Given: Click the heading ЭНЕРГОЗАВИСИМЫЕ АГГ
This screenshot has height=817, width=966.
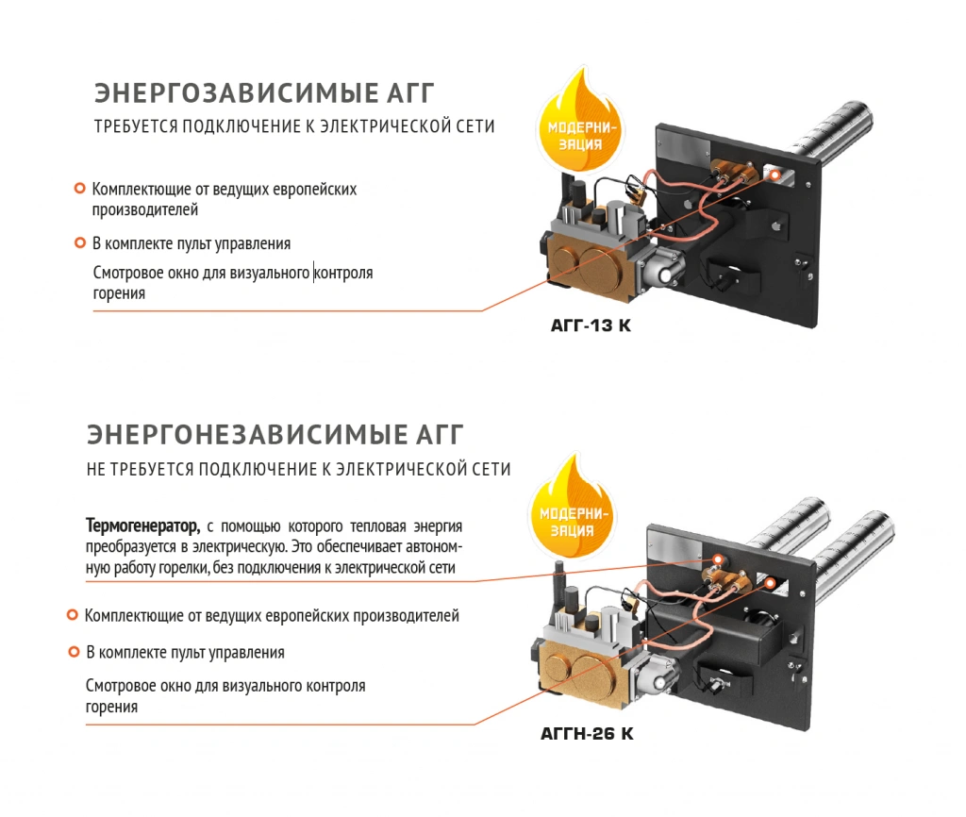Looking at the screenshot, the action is [264, 93].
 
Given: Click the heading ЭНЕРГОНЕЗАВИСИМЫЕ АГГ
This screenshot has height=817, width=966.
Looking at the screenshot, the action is [275, 434].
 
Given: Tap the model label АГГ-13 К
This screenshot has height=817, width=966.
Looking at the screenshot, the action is [591, 325].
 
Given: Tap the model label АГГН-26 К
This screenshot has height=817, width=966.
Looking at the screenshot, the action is [587, 733].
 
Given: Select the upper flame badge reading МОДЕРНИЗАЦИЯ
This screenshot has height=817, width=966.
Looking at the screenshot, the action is [580, 124].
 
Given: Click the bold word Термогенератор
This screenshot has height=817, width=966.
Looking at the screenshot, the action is [143, 526].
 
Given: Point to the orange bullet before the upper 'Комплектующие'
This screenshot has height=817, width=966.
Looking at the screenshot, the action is [79, 188].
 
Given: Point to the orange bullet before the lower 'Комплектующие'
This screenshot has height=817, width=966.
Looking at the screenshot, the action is [72, 614].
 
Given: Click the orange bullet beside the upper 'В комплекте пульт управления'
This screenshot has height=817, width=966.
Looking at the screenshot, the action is [79, 242].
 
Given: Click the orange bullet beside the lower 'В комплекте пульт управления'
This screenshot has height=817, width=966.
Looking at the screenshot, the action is [74, 651].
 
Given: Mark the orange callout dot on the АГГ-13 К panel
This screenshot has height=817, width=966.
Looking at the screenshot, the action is [775, 175].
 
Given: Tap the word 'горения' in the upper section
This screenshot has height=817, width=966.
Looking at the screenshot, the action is [119, 294].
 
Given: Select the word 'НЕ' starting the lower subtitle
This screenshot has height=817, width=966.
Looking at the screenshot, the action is [96, 470].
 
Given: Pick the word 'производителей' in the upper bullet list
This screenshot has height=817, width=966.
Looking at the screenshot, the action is [145, 209].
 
